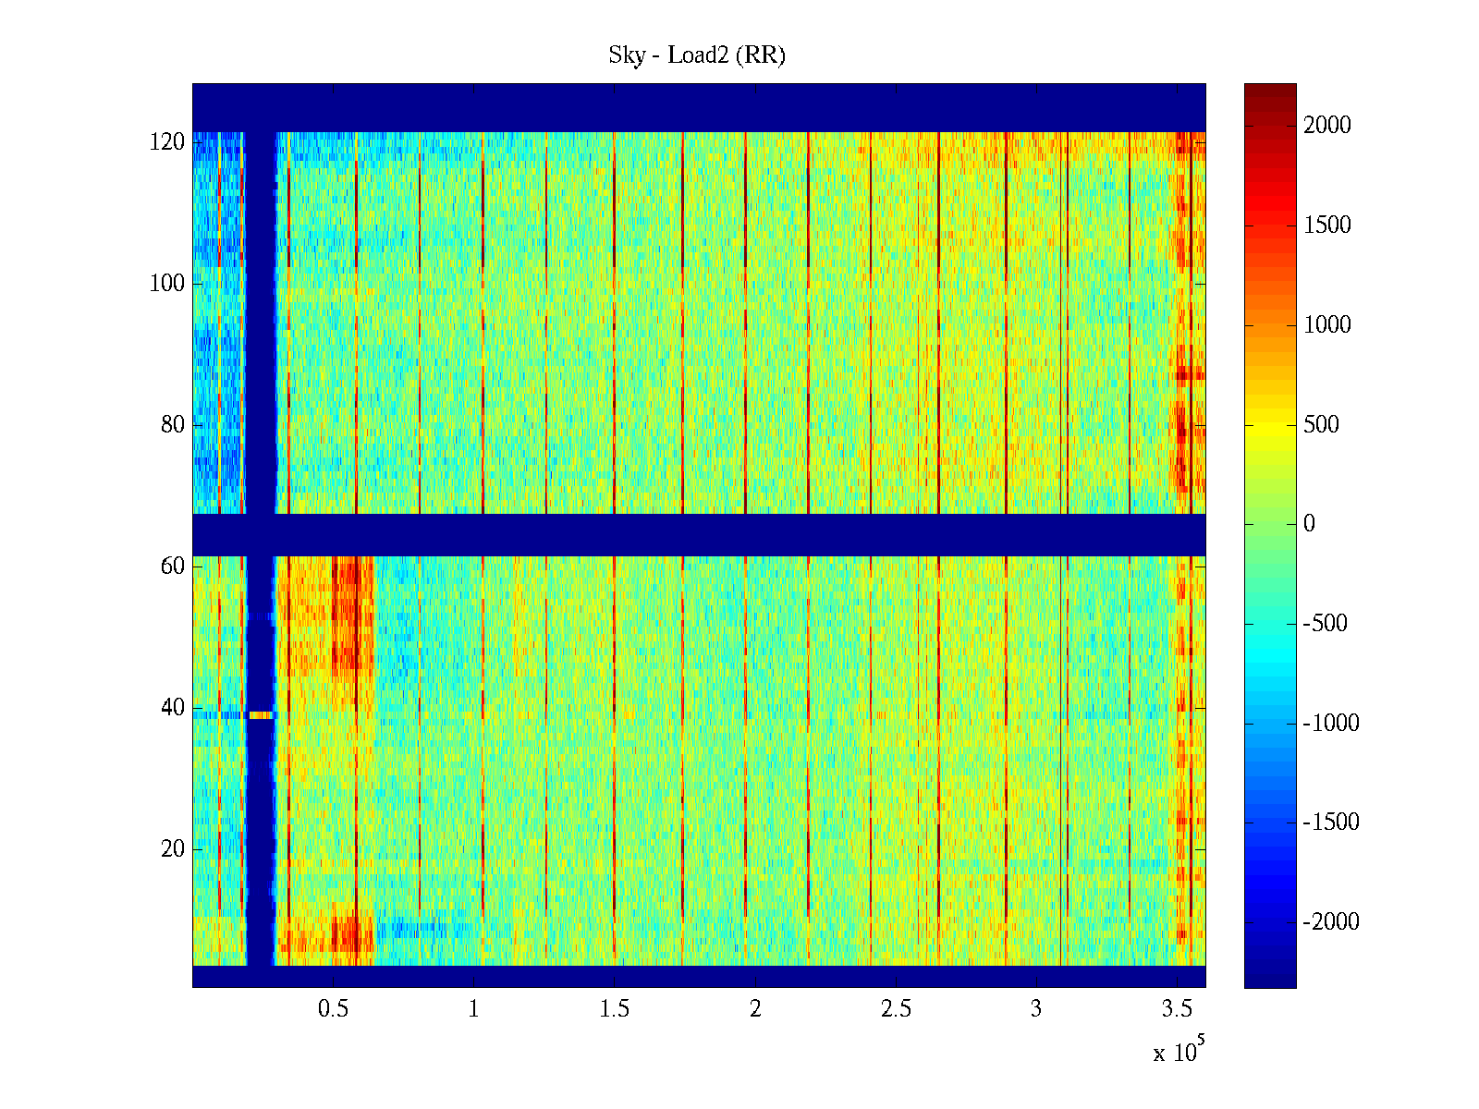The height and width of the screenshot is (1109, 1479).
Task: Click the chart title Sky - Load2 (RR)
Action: coord(697,55)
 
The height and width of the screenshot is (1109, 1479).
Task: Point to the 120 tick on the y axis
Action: coord(167,142)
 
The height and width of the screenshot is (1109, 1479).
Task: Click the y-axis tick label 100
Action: coord(167,284)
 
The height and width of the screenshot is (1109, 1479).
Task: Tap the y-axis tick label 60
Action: coord(173,567)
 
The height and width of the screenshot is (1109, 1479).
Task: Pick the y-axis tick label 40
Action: coord(173,708)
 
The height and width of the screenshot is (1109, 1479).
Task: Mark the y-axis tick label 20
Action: coord(173,849)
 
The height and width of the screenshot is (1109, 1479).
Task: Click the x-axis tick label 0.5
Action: coord(334,1009)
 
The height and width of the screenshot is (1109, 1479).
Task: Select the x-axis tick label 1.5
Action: coord(615,1009)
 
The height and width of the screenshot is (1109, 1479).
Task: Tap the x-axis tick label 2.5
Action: coord(896,1009)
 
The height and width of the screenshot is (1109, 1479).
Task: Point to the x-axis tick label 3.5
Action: coord(1177,1009)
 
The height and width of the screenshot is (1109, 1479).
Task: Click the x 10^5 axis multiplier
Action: coord(1179,1052)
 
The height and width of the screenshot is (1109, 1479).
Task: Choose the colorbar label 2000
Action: coord(1327,126)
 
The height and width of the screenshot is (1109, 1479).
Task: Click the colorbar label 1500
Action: coord(1327,225)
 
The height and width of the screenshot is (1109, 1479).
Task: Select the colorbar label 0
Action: coord(1309,524)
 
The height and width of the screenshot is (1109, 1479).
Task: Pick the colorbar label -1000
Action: coord(1331,724)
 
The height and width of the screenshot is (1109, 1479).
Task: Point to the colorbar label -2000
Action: coord(1331,922)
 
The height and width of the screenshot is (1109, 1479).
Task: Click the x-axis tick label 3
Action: coord(1036,1009)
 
